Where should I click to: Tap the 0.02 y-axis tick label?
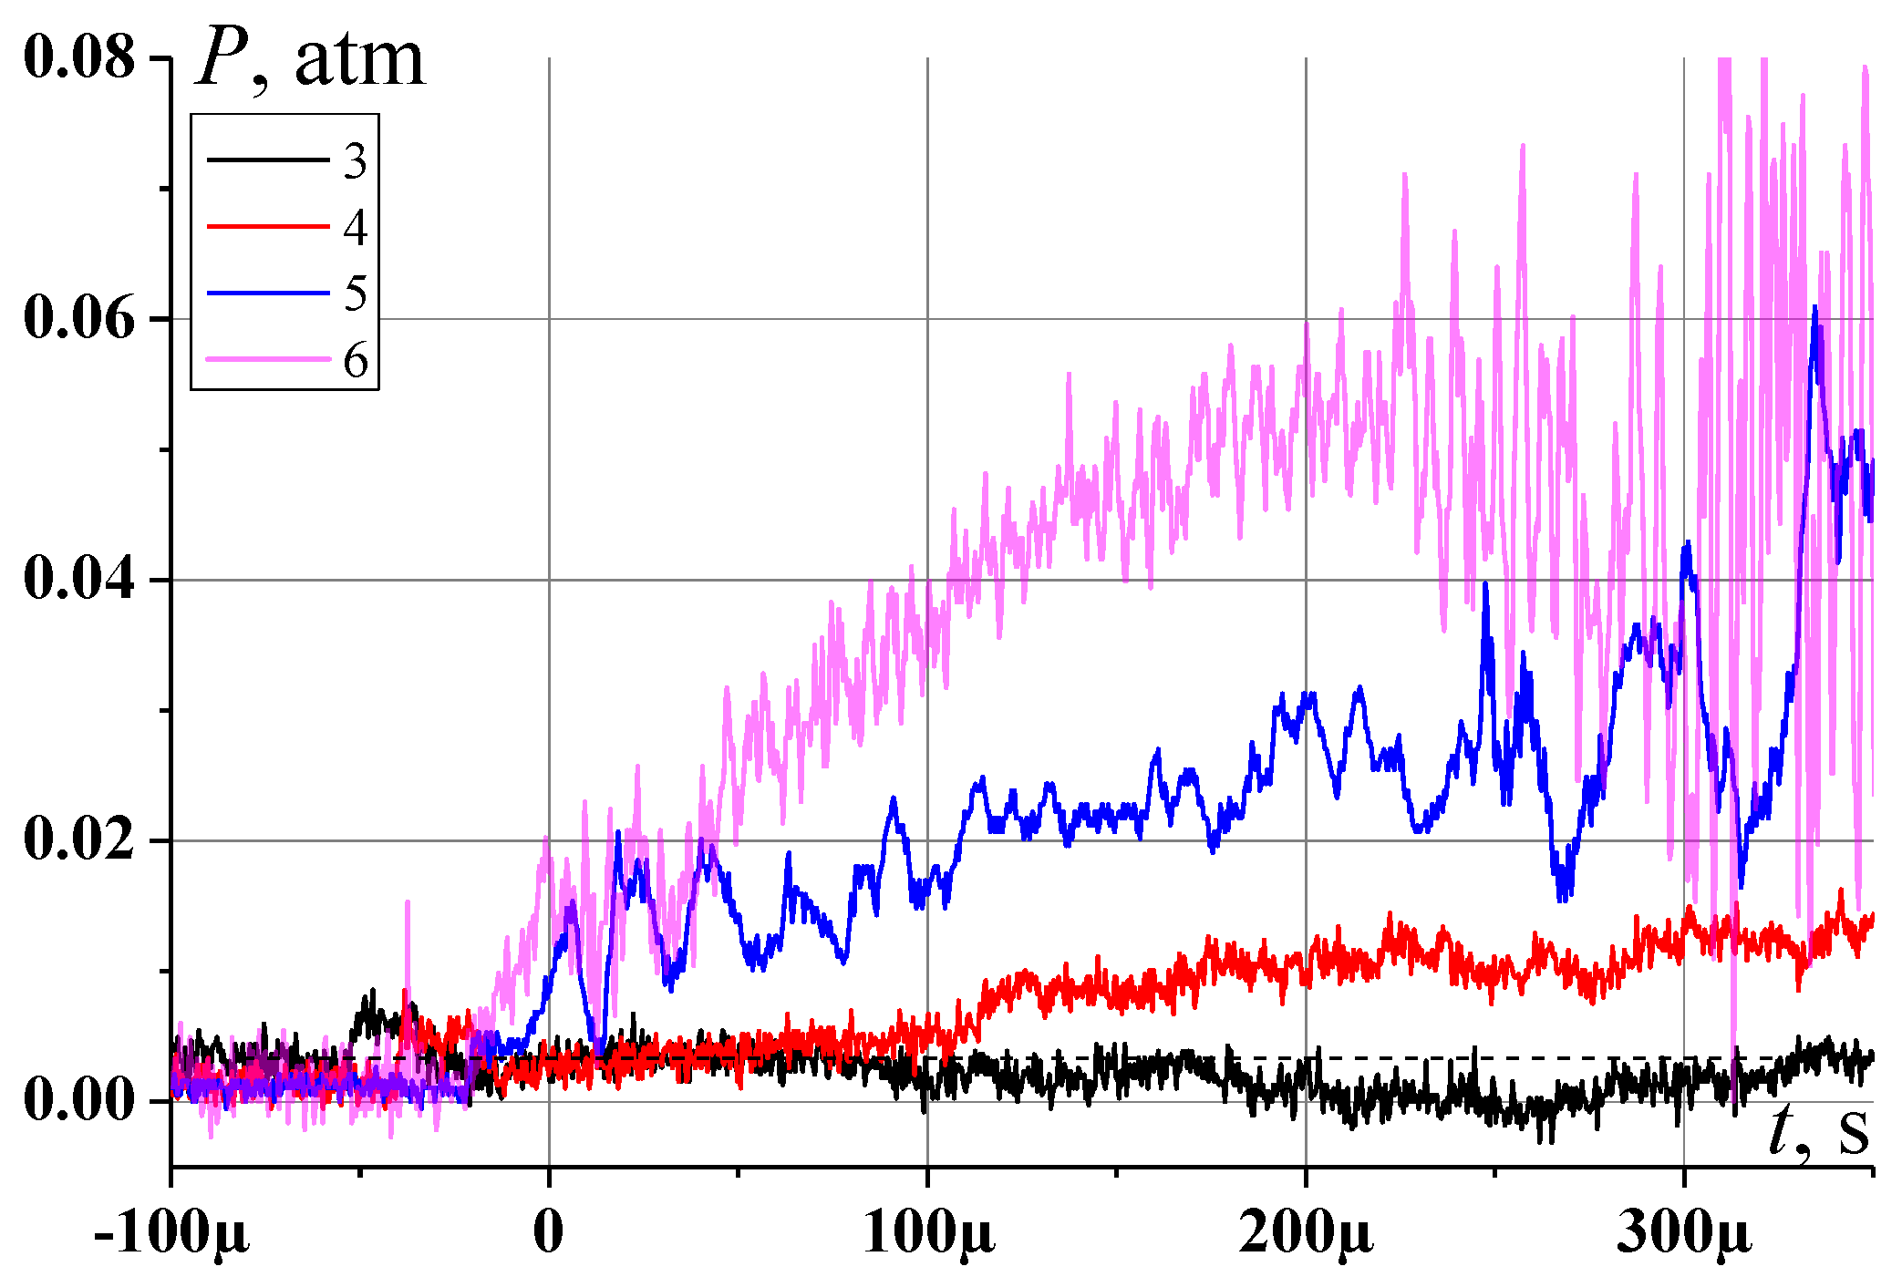click(x=78, y=839)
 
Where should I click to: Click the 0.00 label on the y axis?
click(x=78, y=1100)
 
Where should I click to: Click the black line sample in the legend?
click(x=268, y=160)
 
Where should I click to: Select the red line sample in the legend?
click(x=268, y=226)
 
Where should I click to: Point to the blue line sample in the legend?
click(x=268, y=293)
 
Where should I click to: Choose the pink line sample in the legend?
click(x=268, y=359)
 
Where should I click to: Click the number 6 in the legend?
click(x=356, y=361)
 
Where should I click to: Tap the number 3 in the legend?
click(x=356, y=161)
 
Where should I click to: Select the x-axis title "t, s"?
click(x=1819, y=1132)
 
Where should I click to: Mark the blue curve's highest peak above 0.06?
click(x=1814, y=307)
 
